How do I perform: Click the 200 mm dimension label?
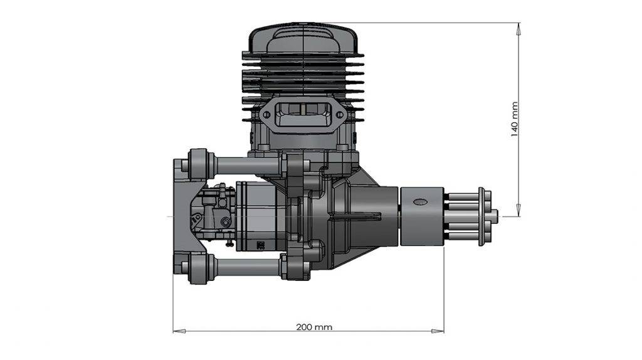tap(314, 327)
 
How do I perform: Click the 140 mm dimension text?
tap(514, 119)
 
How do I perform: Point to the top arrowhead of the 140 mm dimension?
tap(518, 27)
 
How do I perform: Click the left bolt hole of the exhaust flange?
tap(266, 115)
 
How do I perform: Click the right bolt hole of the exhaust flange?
tap(340, 115)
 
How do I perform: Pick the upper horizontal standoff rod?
tap(245, 166)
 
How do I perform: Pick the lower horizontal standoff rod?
tap(245, 268)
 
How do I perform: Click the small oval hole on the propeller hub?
tap(419, 201)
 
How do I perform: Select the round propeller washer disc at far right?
tap(481, 216)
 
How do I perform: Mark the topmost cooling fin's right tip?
tap(362, 56)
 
